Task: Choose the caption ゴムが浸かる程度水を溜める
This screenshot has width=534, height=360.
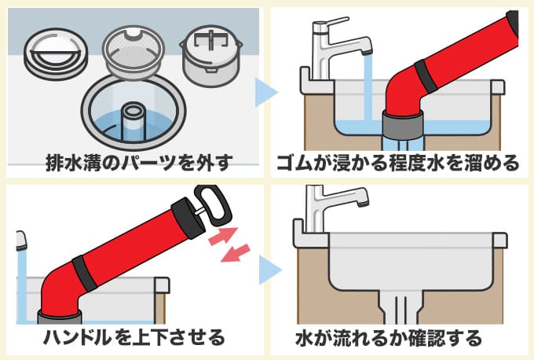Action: (398, 163)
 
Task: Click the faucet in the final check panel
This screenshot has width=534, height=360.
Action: (334, 204)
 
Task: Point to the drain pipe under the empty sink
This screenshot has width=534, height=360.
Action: (400, 307)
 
